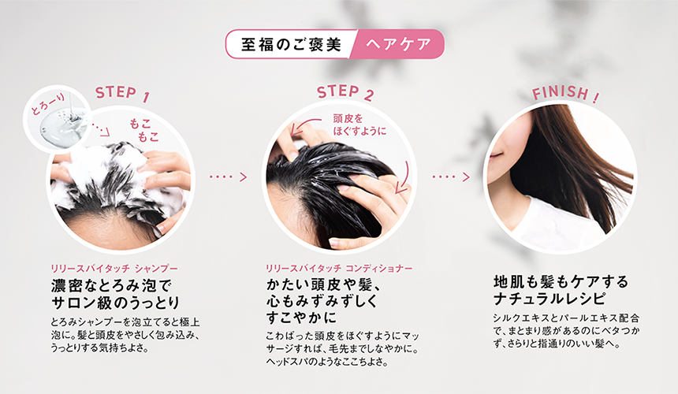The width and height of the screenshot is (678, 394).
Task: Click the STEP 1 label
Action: (122, 94)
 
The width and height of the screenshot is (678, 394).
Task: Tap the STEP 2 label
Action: (345, 92)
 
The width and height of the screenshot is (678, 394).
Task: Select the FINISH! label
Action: (565, 94)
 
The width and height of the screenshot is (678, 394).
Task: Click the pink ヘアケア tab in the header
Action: (399, 44)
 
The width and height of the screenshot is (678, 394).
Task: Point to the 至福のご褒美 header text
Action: (292, 44)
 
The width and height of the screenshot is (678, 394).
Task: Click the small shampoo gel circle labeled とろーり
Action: (57, 119)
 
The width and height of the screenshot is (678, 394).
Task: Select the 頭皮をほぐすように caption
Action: (359, 125)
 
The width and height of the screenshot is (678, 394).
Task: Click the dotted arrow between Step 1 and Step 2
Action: (228, 177)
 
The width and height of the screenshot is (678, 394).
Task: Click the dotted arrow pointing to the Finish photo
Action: (451, 177)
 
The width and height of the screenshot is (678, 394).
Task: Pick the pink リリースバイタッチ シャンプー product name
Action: (114, 269)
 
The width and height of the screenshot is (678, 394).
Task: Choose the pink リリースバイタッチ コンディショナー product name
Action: (339, 269)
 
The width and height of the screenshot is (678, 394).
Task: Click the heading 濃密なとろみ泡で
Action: (112, 285)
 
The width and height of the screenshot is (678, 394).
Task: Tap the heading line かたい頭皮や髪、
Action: (323, 284)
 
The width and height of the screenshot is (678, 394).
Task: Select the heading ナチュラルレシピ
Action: (549, 299)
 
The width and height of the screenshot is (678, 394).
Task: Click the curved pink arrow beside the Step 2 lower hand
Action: (403, 177)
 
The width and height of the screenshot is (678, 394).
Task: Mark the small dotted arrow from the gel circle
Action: (100, 128)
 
